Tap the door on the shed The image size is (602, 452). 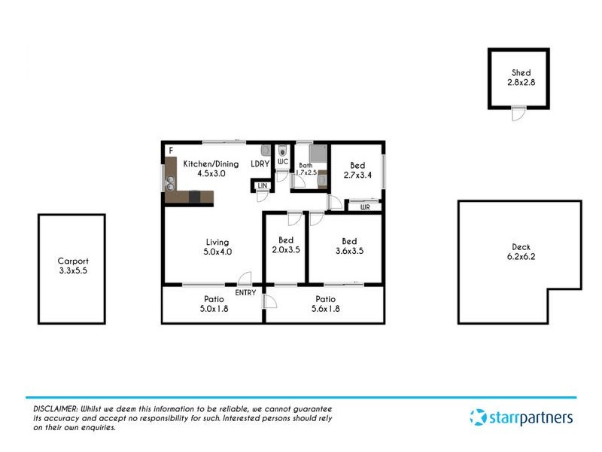pos(517,113)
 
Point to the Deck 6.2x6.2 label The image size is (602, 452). pos(520,252)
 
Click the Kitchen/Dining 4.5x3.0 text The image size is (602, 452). pos(211,169)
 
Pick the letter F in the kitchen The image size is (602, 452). pos(171,151)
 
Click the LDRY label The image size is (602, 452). pos(260,163)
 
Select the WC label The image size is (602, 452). pos(283,162)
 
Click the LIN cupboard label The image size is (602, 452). pos(262,185)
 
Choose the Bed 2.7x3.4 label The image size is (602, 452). pos(357,170)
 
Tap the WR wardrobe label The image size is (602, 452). pos(365,206)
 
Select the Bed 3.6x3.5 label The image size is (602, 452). pos(349,246)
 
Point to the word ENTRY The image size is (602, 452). pos(245,292)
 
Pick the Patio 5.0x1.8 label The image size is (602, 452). pos(213,304)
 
